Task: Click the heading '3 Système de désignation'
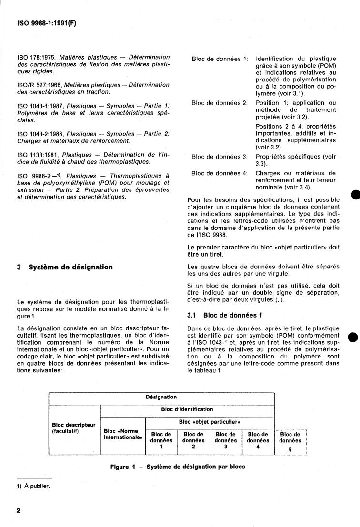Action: point(65,267)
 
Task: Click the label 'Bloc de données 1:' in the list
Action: point(220,59)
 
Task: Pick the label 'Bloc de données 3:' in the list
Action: point(220,157)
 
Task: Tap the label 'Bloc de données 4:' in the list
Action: point(220,173)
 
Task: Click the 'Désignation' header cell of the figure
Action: point(161,397)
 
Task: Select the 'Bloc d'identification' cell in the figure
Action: point(187,409)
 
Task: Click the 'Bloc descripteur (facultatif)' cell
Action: point(73,428)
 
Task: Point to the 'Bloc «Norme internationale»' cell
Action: point(122,434)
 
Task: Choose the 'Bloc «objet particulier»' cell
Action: point(210,422)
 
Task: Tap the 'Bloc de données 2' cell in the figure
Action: point(193,440)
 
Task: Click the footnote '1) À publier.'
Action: point(33,486)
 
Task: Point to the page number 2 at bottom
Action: point(18,511)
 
